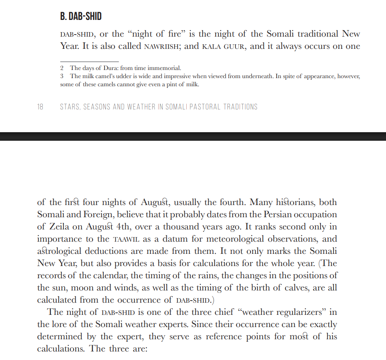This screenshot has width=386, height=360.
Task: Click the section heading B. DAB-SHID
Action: (x=81, y=17)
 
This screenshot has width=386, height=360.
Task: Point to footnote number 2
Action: (x=62, y=68)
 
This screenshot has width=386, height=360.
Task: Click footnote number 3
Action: (x=62, y=76)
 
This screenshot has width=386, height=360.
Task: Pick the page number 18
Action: (x=40, y=107)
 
